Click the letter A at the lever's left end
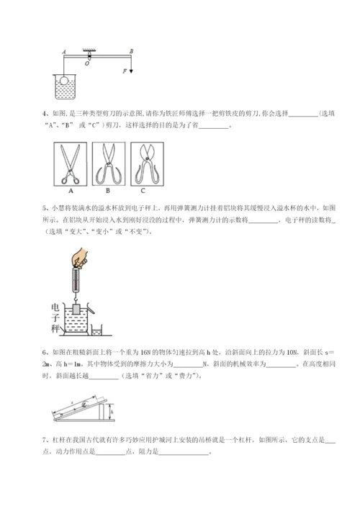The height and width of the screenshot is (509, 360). [65, 51]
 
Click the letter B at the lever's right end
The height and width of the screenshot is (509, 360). [130, 50]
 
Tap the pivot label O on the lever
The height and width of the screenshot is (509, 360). [87, 63]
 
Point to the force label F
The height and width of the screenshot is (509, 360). [124, 71]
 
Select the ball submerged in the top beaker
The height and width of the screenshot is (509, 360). [66, 82]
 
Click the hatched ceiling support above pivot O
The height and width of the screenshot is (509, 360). [90, 52]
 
